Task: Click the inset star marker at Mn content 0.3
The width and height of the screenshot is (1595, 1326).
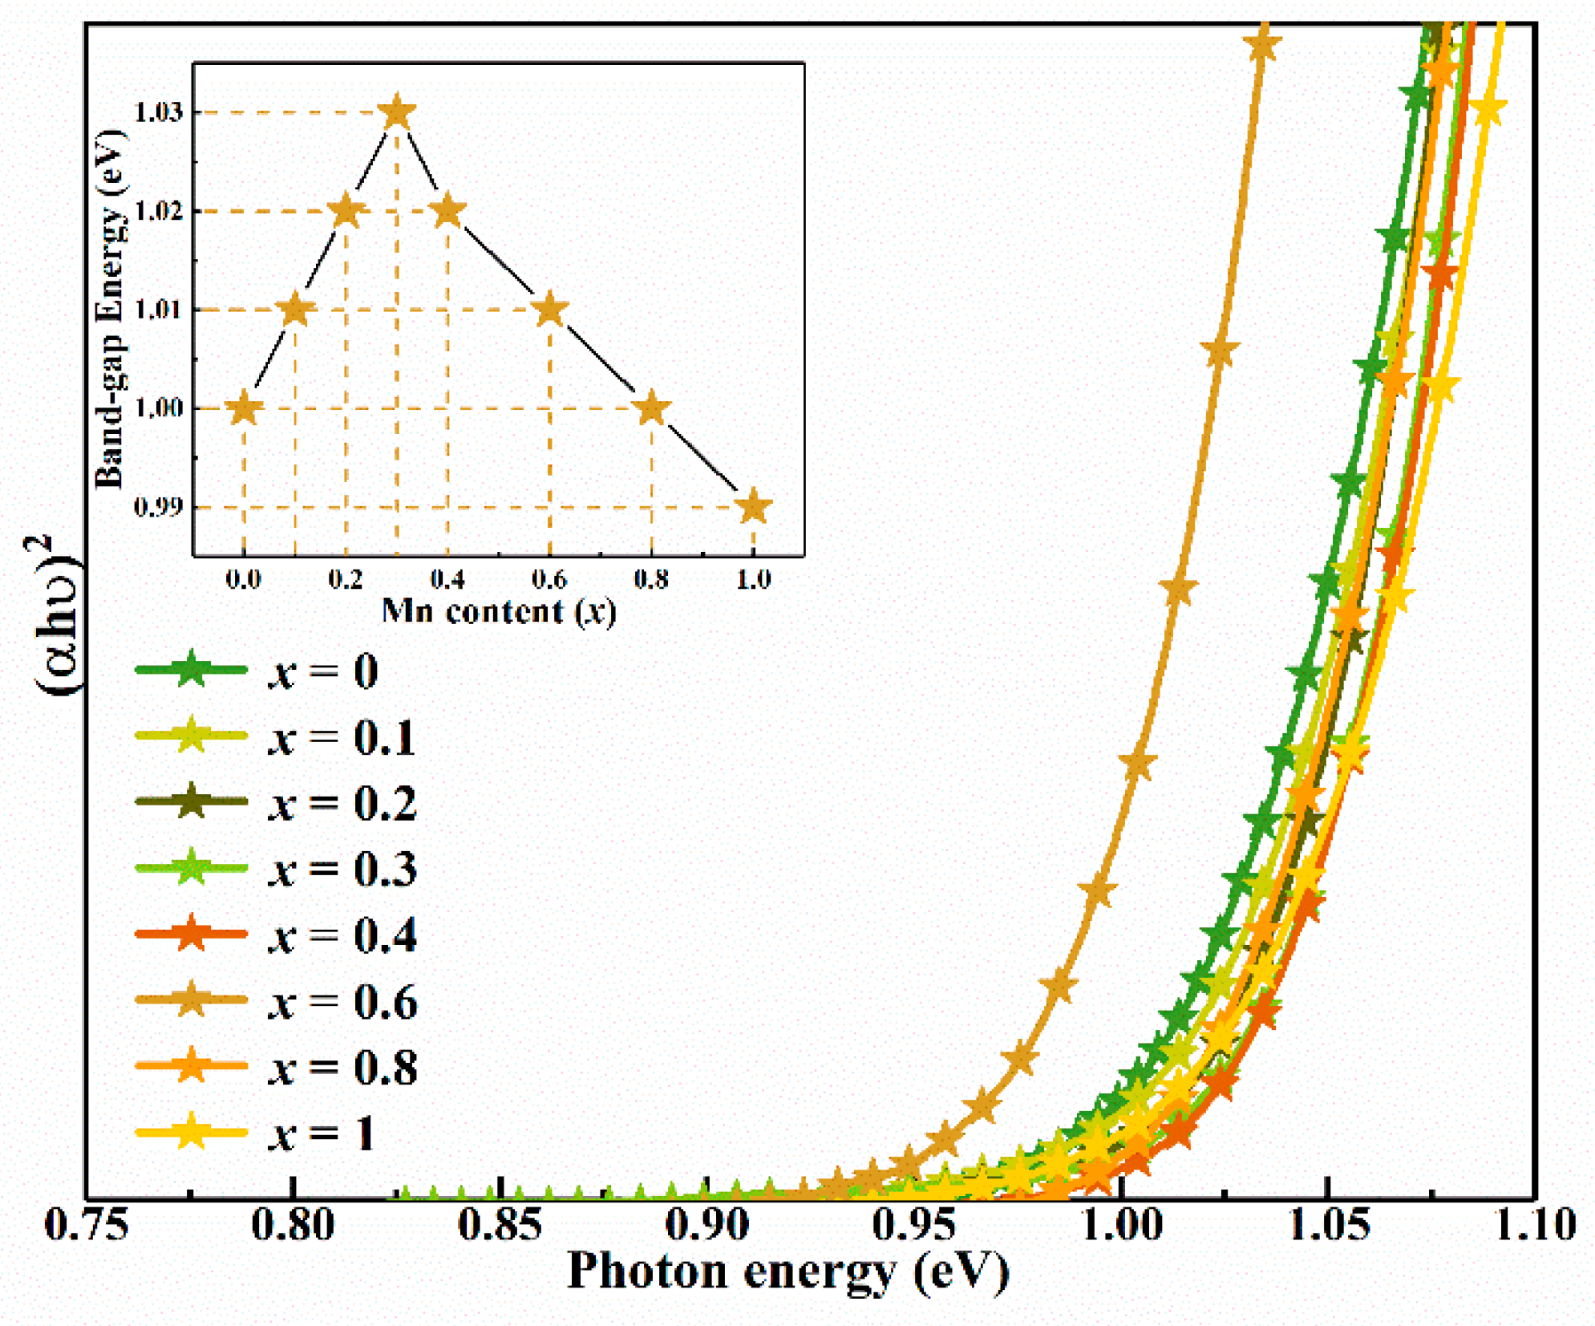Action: click(x=397, y=112)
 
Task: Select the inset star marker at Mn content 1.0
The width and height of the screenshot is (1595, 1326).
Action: click(x=753, y=507)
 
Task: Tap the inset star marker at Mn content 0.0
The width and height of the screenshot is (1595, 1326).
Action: click(x=244, y=408)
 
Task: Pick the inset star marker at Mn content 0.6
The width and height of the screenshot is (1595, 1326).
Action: click(x=549, y=310)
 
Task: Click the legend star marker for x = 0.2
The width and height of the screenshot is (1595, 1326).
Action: click(x=192, y=801)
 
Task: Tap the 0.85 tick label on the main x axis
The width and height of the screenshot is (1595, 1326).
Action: click(x=500, y=1226)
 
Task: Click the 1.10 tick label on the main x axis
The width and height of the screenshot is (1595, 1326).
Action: click(x=1536, y=1226)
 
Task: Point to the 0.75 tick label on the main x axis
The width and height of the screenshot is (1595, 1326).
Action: click(x=87, y=1226)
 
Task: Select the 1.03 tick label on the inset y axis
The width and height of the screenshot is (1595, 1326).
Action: click(x=159, y=112)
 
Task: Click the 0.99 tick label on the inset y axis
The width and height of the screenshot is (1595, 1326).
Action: click(x=159, y=507)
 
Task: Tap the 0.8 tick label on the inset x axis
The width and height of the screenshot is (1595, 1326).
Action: click(x=651, y=578)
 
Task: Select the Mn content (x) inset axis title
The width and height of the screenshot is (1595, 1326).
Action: click(x=498, y=611)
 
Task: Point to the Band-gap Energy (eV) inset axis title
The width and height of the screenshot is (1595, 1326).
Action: click(x=110, y=309)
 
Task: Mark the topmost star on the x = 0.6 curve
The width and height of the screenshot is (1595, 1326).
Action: click(x=1261, y=45)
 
